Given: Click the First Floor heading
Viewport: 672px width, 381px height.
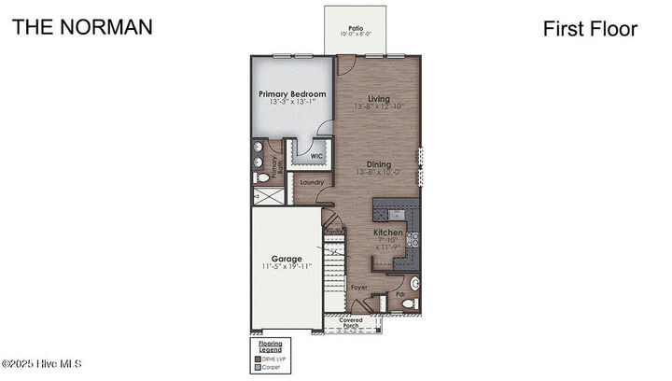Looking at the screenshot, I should click(x=590, y=29).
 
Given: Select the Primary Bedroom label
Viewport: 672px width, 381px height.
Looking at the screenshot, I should click(x=292, y=94).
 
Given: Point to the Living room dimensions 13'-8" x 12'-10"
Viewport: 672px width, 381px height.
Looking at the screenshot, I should click(x=379, y=107).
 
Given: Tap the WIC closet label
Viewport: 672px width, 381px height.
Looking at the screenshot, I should click(x=304, y=156).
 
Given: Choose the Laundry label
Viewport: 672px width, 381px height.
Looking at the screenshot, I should click(x=311, y=182).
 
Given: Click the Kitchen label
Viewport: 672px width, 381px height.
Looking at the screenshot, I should click(x=388, y=232).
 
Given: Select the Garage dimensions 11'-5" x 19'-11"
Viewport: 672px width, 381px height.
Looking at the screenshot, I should click(x=287, y=266).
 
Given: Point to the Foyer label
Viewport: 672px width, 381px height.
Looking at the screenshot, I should click(x=359, y=288).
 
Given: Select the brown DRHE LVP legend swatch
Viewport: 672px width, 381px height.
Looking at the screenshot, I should click(x=261, y=359).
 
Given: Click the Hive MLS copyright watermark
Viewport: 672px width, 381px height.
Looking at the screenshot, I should click(x=42, y=363).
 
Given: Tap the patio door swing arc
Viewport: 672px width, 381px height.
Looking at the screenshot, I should click(x=344, y=64).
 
